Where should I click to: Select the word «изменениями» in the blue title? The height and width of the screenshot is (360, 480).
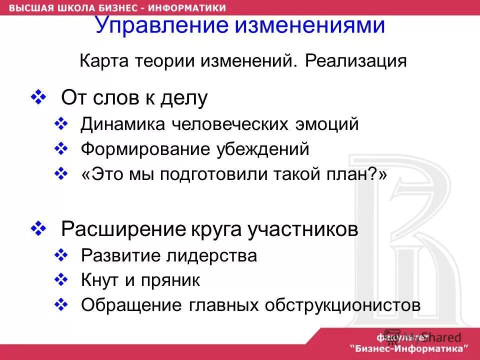click(314, 24)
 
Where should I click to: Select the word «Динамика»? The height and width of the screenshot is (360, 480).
click(122, 123)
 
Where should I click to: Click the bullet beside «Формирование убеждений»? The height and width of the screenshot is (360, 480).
click(60, 148)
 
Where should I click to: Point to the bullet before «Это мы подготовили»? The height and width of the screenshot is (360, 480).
click(60, 173)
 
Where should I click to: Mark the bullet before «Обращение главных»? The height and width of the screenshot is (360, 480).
click(60, 304)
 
